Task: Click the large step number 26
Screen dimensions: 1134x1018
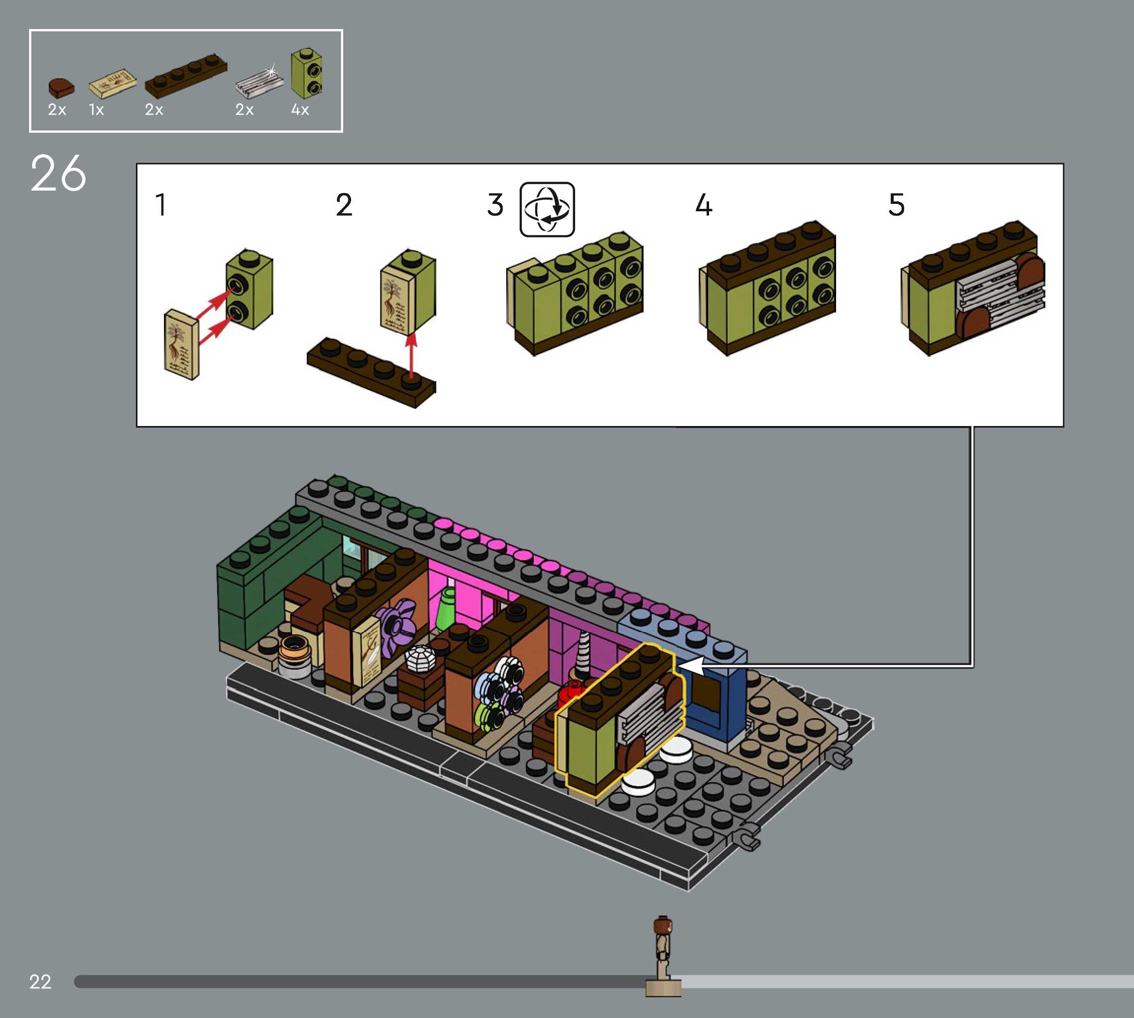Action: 58,174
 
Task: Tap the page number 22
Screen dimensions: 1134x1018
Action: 40,982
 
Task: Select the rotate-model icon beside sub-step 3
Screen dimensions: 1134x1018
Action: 548,209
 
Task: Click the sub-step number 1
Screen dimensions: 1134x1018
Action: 161,205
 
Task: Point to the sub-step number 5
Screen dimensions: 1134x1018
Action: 896,205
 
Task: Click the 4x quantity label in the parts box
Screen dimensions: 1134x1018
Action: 300,110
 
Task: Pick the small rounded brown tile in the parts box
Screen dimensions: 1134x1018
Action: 61,87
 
